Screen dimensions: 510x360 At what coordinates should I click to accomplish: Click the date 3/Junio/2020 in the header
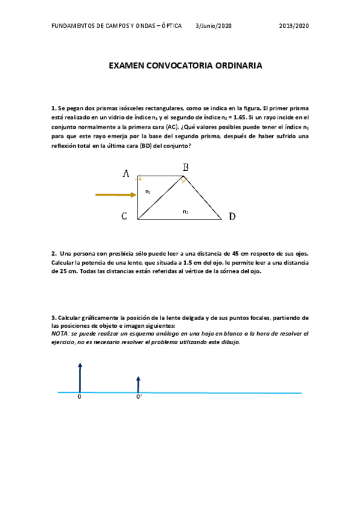click(213, 26)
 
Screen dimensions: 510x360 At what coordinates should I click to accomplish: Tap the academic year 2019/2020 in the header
click(294, 26)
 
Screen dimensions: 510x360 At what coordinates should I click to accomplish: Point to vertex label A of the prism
click(126, 174)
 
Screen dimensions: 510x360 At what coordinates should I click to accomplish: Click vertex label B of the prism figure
click(186, 167)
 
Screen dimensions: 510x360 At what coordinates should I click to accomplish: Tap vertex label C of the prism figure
click(124, 217)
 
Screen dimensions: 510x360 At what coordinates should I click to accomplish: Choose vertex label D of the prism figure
click(232, 217)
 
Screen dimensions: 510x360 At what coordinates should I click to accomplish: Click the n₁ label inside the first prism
click(148, 192)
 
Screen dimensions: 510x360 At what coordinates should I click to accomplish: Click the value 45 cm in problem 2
click(230, 254)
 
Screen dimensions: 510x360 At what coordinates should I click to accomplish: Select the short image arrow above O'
click(138, 384)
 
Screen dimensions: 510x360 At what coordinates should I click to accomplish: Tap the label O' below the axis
click(139, 398)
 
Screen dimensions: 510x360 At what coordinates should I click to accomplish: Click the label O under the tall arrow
click(79, 398)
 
